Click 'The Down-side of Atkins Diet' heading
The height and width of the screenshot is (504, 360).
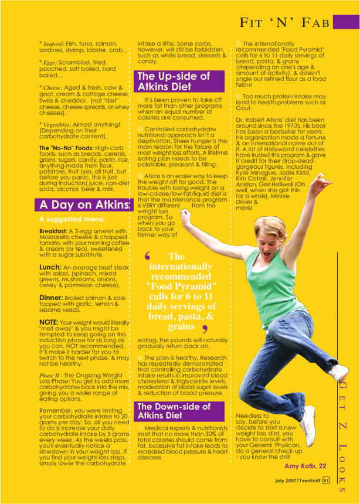[173, 411]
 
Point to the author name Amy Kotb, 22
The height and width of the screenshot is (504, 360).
[305, 466]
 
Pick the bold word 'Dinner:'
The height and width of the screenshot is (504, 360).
[52, 298]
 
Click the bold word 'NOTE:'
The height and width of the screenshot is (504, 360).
[49, 322]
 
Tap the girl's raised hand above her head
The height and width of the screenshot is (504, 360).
[319, 183]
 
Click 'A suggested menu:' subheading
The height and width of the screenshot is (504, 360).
[72, 219]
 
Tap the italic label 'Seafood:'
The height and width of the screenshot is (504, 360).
[53, 44]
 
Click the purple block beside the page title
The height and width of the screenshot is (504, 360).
[346, 22]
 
